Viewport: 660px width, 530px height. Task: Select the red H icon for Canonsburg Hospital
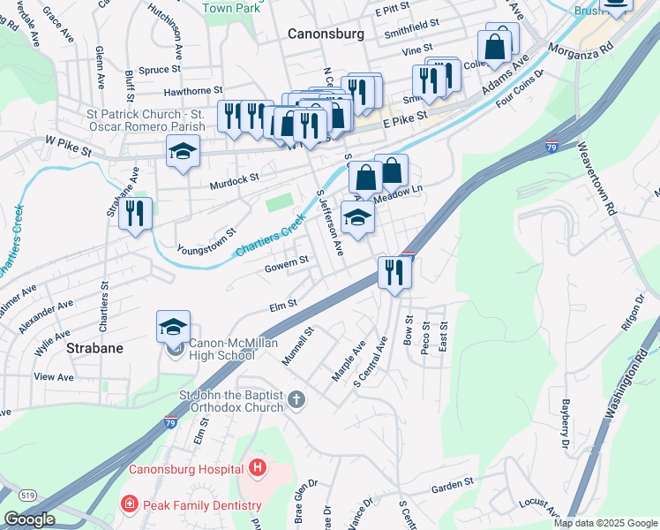[x=257, y=467]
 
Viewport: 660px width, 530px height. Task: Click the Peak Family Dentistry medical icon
[x=129, y=505]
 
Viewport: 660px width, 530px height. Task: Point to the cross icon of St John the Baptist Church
[x=296, y=399]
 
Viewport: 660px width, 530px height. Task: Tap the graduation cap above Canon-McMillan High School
[x=174, y=328]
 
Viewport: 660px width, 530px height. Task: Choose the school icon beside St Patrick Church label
[x=183, y=153]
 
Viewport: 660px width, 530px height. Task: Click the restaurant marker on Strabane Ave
[x=135, y=215]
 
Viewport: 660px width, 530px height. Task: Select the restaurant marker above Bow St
[x=394, y=271]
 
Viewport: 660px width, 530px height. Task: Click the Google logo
[x=29, y=519]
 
